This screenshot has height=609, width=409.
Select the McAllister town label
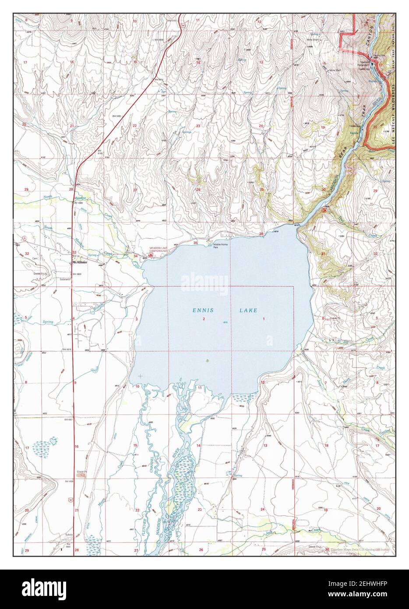pyautogui.click(x=81, y=262)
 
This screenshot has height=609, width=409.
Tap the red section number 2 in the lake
pyautogui.click(x=204, y=319)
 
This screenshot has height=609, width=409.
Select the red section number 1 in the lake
pyautogui.click(x=264, y=319)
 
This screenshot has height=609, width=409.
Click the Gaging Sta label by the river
pyautogui.click(x=379, y=56)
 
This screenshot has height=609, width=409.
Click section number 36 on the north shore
pyautogui.click(x=261, y=234)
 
